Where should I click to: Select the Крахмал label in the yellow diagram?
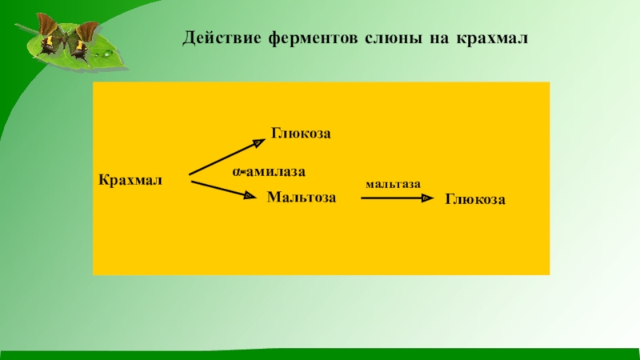pos(130,178)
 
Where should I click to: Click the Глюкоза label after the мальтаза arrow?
pos(475,199)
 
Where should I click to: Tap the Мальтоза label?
pos(302,196)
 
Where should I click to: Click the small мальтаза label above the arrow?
pos(393,184)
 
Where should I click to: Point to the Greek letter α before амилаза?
pos(237,172)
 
